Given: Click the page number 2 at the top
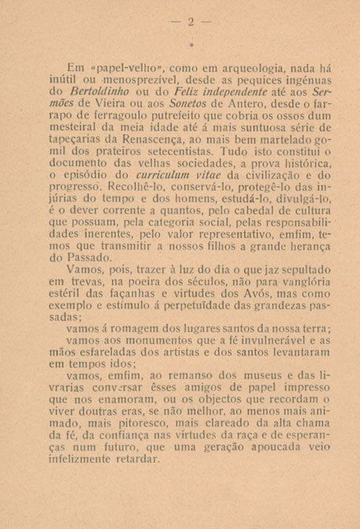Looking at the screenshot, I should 190,21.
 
